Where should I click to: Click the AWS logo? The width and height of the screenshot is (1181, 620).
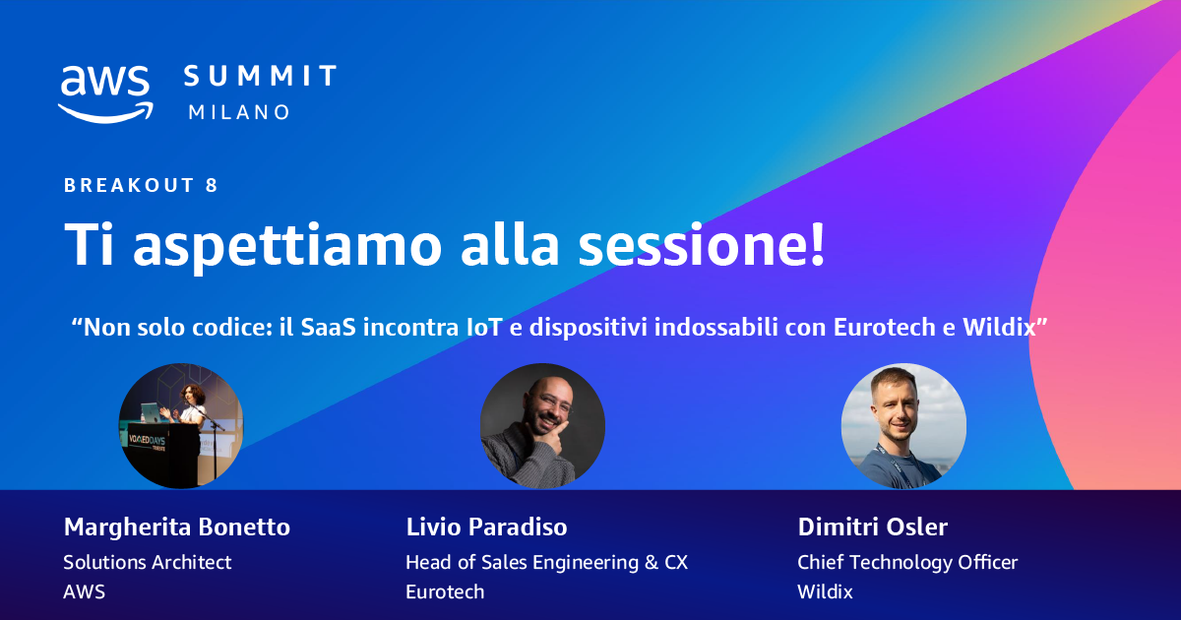click(105, 92)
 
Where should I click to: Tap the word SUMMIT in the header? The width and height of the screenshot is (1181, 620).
click(261, 76)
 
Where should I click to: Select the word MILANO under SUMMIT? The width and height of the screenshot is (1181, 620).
click(239, 112)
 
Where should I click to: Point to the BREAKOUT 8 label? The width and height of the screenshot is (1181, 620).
click(141, 185)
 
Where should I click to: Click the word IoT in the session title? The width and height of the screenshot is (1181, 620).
click(482, 328)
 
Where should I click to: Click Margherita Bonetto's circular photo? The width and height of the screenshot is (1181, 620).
click(180, 426)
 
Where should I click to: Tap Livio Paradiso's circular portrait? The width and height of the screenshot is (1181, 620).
click(542, 426)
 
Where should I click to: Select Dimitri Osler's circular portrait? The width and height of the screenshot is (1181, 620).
click(903, 426)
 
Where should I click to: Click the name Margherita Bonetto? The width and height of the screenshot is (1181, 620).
click(177, 527)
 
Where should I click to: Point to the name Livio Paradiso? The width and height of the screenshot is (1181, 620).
click(486, 527)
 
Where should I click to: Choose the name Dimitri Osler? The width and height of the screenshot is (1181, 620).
click(873, 527)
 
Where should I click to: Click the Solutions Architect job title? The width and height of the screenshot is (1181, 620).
click(148, 562)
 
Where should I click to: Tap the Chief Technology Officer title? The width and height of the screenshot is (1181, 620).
click(907, 562)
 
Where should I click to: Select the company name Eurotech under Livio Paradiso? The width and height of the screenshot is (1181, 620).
click(445, 591)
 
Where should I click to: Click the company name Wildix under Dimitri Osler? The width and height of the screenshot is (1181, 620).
click(825, 591)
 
